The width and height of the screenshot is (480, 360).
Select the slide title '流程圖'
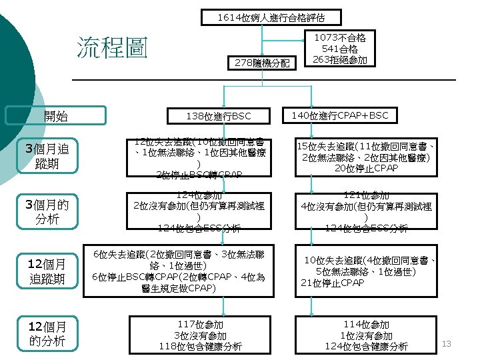pos(111,48)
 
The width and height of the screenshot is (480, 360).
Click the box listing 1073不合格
pos(339,49)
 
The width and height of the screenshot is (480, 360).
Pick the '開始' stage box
pos(56,116)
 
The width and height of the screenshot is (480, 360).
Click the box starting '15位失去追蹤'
pos(367,157)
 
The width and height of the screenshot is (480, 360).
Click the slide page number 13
pos(447,343)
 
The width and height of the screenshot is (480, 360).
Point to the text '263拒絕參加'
pos(339,60)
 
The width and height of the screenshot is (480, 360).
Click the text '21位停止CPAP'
pos(333,283)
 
